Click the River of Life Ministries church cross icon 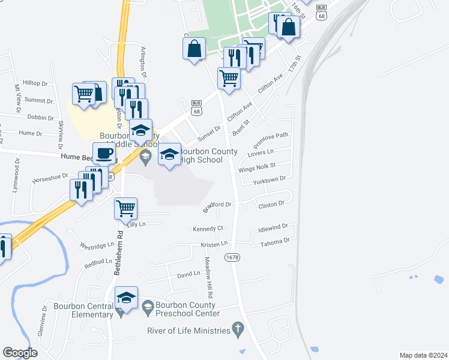(238, 329)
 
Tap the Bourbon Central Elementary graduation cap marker (126, 298)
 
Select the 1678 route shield (232, 257)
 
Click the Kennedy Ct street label (208, 229)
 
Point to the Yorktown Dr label (269, 180)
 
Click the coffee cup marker (104, 154)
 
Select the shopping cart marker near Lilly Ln (126, 209)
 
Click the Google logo (20, 353)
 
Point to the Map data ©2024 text (423, 355)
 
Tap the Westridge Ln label (97, 245)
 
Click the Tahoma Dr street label (275, 241)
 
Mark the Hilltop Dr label (35, 83)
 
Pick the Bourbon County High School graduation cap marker (169, 155)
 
